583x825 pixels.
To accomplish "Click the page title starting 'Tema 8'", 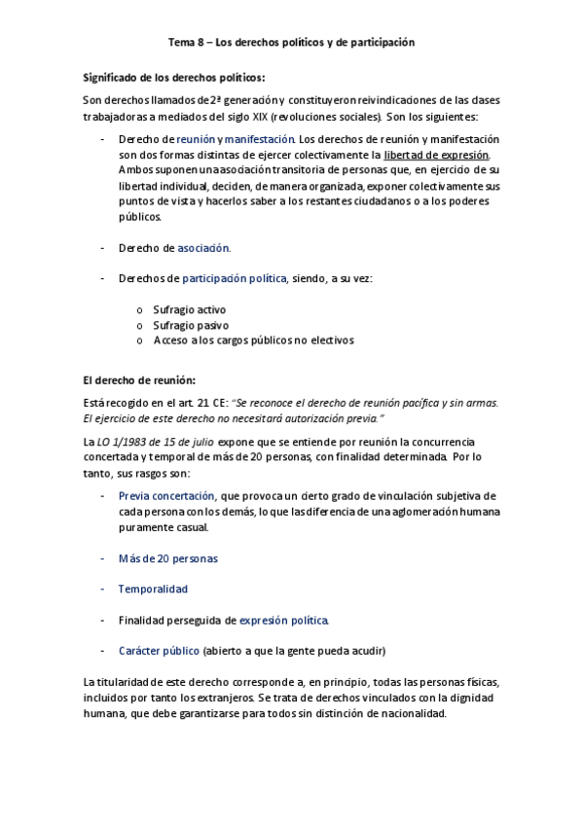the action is pos(291,43).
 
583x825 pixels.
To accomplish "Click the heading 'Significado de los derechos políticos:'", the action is pos(174,78).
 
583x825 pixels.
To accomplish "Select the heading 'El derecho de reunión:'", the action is pos(138,378).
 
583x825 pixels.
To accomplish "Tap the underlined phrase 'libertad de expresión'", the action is pos(437,155).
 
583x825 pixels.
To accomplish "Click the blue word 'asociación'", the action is pos(204,248).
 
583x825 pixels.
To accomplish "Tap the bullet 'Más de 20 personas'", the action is pos(167,558).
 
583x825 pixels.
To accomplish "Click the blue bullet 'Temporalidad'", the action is pos(153,589).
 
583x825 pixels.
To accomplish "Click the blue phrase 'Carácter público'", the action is pos(160,650).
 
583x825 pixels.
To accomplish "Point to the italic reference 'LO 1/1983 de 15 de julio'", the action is pos(154,442).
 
